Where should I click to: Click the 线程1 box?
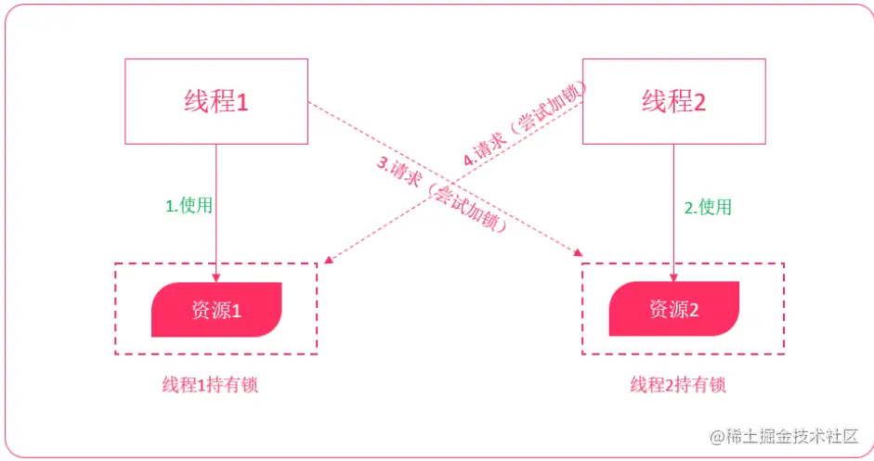coord(216,101)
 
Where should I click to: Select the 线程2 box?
coord(673,101)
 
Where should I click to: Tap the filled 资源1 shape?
coord(216,309)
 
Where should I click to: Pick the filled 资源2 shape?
coord(673,309)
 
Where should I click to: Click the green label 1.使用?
coord(189,206)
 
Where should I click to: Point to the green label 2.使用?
coord(708,207)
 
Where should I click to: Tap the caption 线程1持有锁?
coord(210,385)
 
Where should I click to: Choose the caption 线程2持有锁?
coord(677,385)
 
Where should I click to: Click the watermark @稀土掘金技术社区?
coord(785,435)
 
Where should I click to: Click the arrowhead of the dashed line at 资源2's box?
coord(579,254)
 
